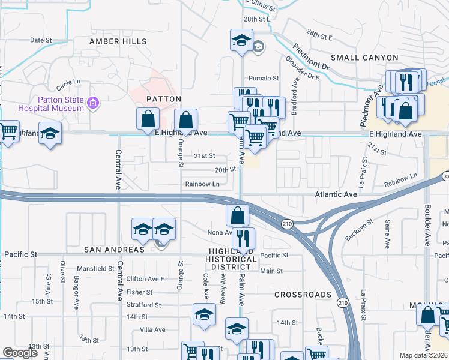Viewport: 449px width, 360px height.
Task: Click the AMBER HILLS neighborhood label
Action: tap(118, 41)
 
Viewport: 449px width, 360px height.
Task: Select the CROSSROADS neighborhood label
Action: tap(303, 295)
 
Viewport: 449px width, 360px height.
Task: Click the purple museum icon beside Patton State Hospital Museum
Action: tap(92, 104)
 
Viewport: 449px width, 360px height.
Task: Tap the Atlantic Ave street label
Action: tap(337, 194)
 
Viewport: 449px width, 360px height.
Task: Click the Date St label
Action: tap(41, 40)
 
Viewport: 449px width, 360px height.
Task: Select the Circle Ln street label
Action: tap(68, 82)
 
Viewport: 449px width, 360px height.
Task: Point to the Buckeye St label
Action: tap(359, 230)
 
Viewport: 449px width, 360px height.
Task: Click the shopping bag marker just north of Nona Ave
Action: tap(238, 214)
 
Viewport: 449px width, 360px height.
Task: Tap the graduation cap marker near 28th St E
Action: tap(241, 41)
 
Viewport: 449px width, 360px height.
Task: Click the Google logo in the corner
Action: tap(20, 353)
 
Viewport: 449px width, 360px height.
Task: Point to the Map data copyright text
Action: tap(423, 355)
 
